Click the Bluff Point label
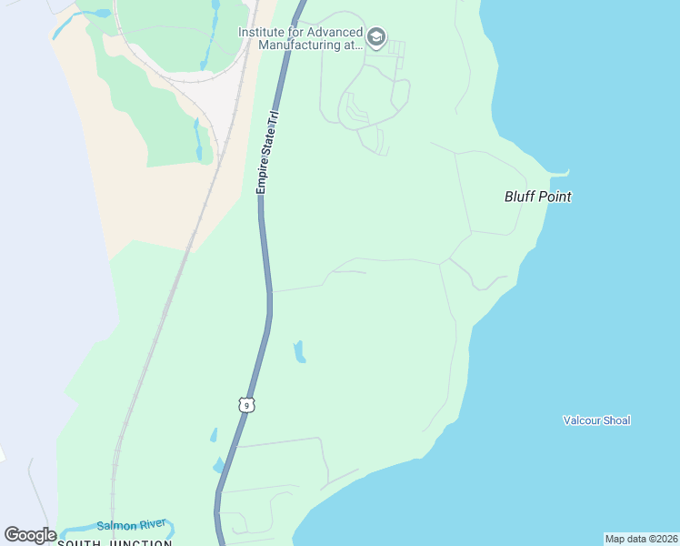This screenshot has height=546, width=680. (x=538, y=197)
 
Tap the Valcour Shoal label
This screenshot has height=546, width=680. (x=596, y=420)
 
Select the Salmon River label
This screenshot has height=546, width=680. (x=131, y=525)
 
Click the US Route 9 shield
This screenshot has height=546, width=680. (x=246, y=405)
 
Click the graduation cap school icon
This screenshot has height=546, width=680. (x=376, y=38)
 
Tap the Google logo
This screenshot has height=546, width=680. (x=30, y=535)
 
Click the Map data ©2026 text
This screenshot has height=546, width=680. (x=641, y=539)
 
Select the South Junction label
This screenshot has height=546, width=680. (x=115, y=543)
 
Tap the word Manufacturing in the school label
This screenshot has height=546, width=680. (x=299, y=44)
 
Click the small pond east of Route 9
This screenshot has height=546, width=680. (x=299, y=351)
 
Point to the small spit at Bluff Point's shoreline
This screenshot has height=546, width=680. (x=562, y=173)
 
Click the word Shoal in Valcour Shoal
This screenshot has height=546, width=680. (x=615, y=420)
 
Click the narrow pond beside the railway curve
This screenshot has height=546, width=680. (x=197, y=138)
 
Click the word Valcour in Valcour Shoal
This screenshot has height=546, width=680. (x=581, y=420)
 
